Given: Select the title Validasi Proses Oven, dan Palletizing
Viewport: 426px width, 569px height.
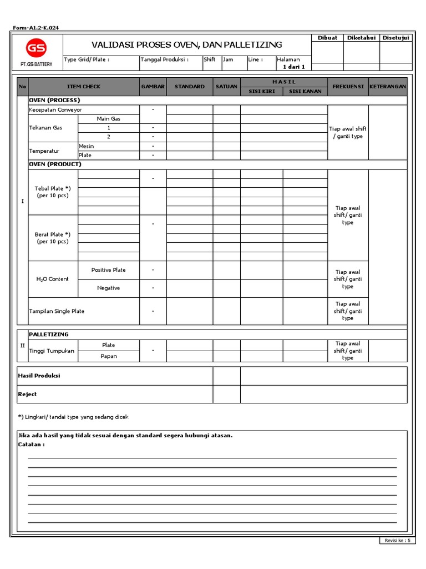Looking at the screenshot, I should pos(186,44).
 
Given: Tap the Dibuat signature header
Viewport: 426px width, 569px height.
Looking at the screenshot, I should pos(327,38).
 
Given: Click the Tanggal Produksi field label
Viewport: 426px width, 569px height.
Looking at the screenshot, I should pos(164,59).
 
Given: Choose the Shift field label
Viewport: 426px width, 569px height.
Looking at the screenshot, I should pos(210,59).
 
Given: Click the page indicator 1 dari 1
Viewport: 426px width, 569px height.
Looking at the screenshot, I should pos(294,67).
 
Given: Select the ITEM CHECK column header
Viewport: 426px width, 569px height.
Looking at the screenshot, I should pos(84,87).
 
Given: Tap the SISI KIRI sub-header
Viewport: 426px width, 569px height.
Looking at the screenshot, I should pos(261,91).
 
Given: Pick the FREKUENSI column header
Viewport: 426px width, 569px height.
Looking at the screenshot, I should pos(348,87).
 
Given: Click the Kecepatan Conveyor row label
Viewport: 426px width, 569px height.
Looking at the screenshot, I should pos(55,110).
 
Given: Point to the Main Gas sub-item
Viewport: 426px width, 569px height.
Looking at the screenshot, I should pos(108,119).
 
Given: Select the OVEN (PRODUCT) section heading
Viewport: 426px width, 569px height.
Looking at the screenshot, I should pos(55,164).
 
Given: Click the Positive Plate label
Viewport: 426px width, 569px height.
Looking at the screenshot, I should pos(108,270).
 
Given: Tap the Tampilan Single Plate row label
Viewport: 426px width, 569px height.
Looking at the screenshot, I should pos(57,311).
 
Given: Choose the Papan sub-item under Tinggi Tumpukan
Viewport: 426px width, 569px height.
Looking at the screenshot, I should pos(108,356).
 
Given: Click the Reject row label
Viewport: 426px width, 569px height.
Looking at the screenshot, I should pos(27,394).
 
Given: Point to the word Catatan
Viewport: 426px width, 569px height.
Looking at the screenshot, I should pos(31,445).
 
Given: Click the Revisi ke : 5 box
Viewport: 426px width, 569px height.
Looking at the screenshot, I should pos(397,541).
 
